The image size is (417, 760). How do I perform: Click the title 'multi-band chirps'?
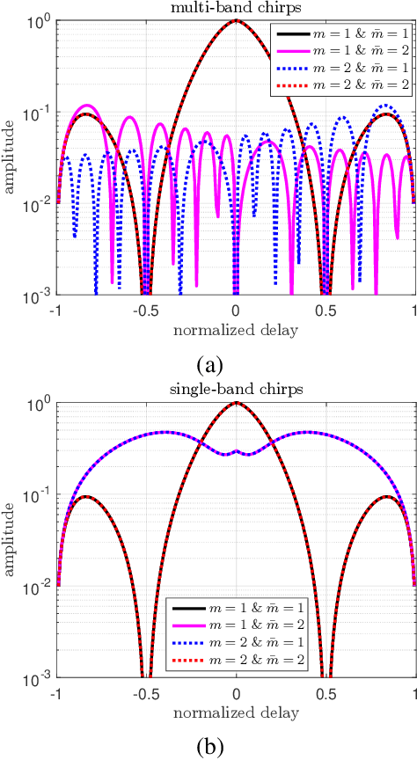(236, 8)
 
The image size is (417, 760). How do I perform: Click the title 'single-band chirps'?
(236, 391)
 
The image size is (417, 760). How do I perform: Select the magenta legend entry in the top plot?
(343, 51)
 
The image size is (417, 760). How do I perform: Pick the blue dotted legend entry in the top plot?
(343, 69)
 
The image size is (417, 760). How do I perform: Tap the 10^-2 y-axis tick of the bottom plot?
(41, 588)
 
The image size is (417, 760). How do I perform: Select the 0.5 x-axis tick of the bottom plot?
(325, 693)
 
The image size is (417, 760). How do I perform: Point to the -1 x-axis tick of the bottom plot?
(57, 693)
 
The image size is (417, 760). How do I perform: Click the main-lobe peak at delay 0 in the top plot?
(236, 20)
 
